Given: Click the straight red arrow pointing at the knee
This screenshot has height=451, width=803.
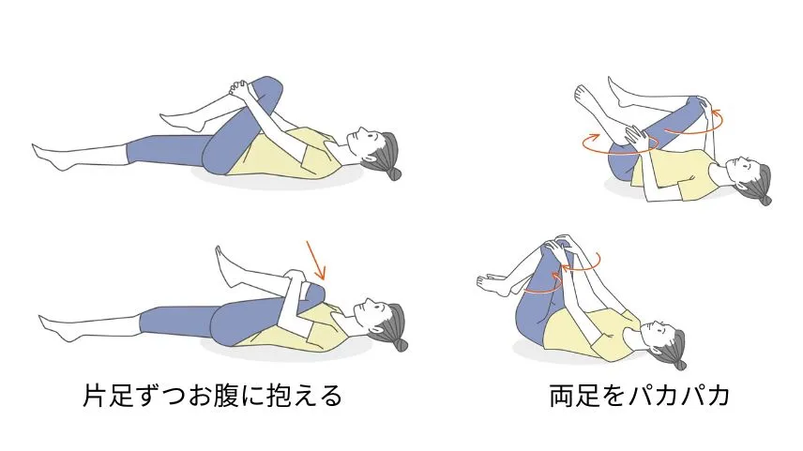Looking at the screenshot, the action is tap(316, 260).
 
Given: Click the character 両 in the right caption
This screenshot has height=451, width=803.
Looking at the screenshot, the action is tap(562, 396).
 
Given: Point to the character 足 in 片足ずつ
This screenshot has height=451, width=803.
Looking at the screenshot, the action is tap(121, 396).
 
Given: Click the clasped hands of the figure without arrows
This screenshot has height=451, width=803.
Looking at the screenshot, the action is tap(239, 90).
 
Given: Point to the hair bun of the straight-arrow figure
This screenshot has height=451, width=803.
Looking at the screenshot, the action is tap(401, 344).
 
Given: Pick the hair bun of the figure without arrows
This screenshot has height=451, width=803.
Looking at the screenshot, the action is tap(394, 174).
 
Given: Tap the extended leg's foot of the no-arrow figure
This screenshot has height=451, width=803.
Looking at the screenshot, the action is tap(51, 156).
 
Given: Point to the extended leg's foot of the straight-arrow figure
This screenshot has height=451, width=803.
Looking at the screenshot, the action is tap(56, 327).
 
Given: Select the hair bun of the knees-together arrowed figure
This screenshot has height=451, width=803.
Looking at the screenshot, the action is tap(680, 364).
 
